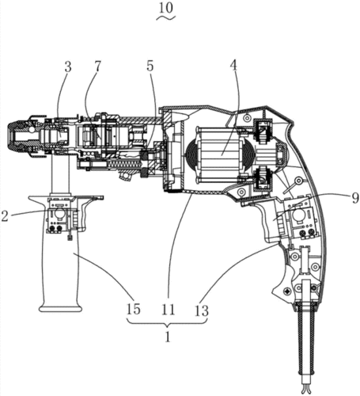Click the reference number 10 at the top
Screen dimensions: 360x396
pyautogui.click(x=166, y=8)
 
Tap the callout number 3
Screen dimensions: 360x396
pyautogui.click(x=68, y=67)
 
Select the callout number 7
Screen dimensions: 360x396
pyautogui.click(x=97, y=67)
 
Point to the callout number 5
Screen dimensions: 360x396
pyautogui.click(x=150, y=67)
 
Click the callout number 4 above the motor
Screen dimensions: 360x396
pyautogui.click(x=233, y=67)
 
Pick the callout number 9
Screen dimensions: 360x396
pyautogui.click(x=355, y=198)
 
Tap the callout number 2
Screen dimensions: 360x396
pyautogui.click(x=4, y=216)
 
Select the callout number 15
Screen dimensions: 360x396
pyautogui.click(x=133, y=310)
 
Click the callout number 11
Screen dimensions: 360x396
pyautogui.click(x=168, y=310)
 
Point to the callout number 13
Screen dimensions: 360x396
pyautogui.click(x=202, y=310)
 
